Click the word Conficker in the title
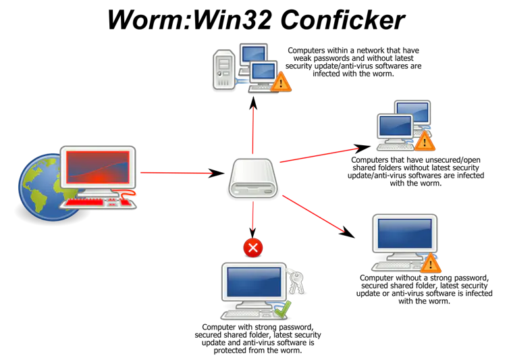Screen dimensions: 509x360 [342, 20]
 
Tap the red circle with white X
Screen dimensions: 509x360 [253, 248]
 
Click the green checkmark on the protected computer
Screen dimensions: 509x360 [283, 309]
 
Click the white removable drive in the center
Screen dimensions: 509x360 [253, 178]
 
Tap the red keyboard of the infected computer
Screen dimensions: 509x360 [97, 203]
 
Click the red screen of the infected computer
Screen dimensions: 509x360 [98, 168]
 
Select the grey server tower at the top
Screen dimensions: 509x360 [224, 70]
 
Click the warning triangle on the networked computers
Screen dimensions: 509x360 [281, 82]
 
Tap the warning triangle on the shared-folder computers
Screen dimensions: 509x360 [424, 141]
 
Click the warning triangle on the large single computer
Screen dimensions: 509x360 [431, 263]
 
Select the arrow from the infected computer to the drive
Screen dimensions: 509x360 [182, 173]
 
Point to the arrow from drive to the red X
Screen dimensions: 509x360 [253, 220]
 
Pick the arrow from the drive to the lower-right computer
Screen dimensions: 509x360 [319, 217]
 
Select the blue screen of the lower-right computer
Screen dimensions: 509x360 [404, 233]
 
